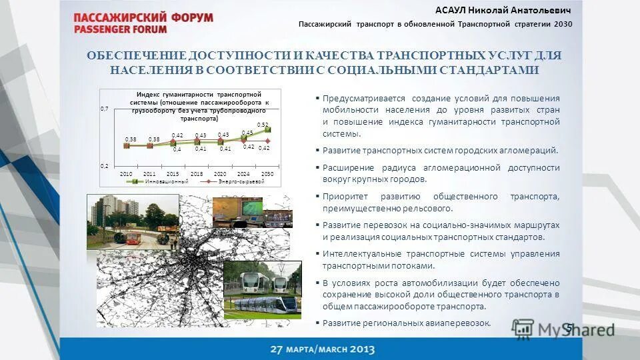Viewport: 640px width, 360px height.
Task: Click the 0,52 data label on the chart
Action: click(x=263, y=125)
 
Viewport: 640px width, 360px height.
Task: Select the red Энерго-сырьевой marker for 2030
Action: click(x=268, y=140)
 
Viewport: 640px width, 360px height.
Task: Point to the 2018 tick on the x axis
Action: click(x=197, y=173)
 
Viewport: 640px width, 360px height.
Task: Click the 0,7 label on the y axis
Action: click(x=104, y=109)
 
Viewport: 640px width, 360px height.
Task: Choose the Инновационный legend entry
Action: click(x=156, y=181)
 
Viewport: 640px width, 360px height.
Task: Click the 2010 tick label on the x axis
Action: click(x=125, y=173)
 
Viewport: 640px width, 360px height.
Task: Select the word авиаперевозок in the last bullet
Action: click(x=460, y=323)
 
